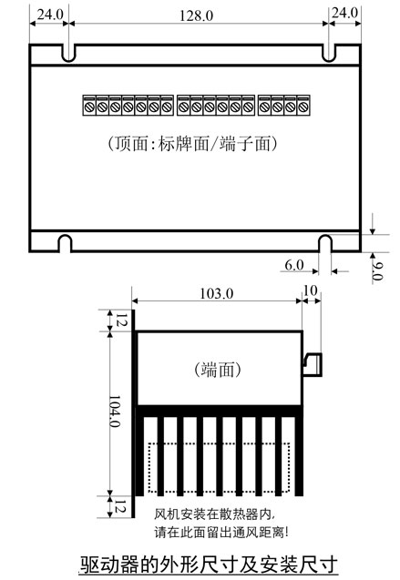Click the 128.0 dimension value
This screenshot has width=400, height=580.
click(196, 15)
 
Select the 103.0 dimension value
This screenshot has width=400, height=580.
click(217, 294)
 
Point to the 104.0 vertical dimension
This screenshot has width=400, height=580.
click(114, 412)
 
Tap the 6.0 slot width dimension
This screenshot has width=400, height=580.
click(294, 265)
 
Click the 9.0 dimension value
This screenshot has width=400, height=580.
click(377, 270)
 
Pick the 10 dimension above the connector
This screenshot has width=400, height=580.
click(310, 290)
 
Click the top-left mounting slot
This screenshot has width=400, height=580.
click(68, 53)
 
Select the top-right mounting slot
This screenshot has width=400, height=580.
click(329, 53)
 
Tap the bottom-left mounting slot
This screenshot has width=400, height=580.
click(66, 243)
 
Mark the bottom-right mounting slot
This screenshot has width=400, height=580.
click(325, 243)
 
